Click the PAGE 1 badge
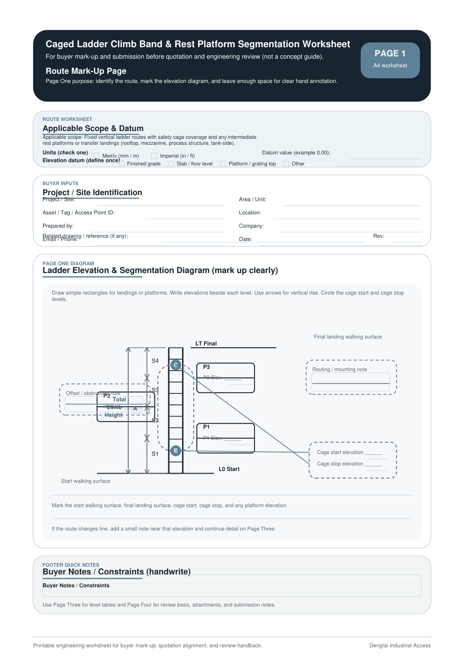(x=390, y=60)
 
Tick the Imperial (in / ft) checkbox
(x=155, y=156)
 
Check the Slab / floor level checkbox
(x=171, y=164)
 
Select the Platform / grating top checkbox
(x=223, y=164)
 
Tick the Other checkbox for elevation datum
(x=286, y=164)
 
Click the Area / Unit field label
(x=252, y=199)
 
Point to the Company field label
(x=251, y=226)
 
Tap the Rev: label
(x=378, y=236)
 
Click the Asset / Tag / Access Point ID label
(x=78, y=213)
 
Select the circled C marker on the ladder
(x=176, y=365)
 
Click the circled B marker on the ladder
(x=176, y=451)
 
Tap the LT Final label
(x=206, y=344)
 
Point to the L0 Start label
(x=229, y=469)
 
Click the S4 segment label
(x=155, y=361)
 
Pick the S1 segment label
(x=155, y=454)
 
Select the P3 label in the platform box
(x=206, y=367)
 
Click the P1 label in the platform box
(x=206, y=427)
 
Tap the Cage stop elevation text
(x=340, y=464)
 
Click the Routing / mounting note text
(x=339, y=369)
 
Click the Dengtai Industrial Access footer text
(x=400, y=645)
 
